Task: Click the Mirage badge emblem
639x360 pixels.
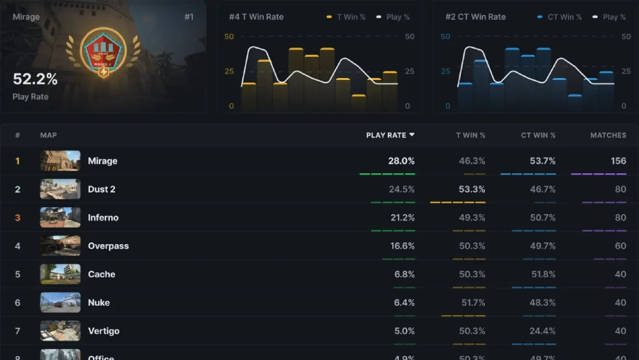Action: click(x=103, y=52)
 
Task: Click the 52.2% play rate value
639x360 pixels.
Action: click(x=35, y=79)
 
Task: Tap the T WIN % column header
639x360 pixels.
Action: click(x=470, y=135)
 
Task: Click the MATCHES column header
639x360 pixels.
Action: click(x=608, y=135)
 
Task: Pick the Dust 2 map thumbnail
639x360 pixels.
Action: click(x=60, y=189)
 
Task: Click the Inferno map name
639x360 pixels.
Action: click(x=103, y=217)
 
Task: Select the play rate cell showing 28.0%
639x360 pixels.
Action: click(x=401, y=161)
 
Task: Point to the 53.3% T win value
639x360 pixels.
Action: click(x=472, y=189)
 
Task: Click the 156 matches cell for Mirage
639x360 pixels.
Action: click(x=618, y=161)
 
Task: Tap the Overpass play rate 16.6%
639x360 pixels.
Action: click(x=402, y=246)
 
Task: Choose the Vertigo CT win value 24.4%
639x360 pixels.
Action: click(x=543, y=331)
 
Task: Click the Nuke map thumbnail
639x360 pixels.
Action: click(x=60, y=302)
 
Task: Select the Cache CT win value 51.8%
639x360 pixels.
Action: click(x=543, y=274)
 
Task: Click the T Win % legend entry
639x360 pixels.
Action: click(x=348, y=17)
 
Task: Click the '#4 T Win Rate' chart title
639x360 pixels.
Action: click(x=256, y=17)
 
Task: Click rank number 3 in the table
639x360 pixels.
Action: click(x=17, y=217)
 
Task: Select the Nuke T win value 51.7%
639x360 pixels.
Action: click(x=472, y=302)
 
